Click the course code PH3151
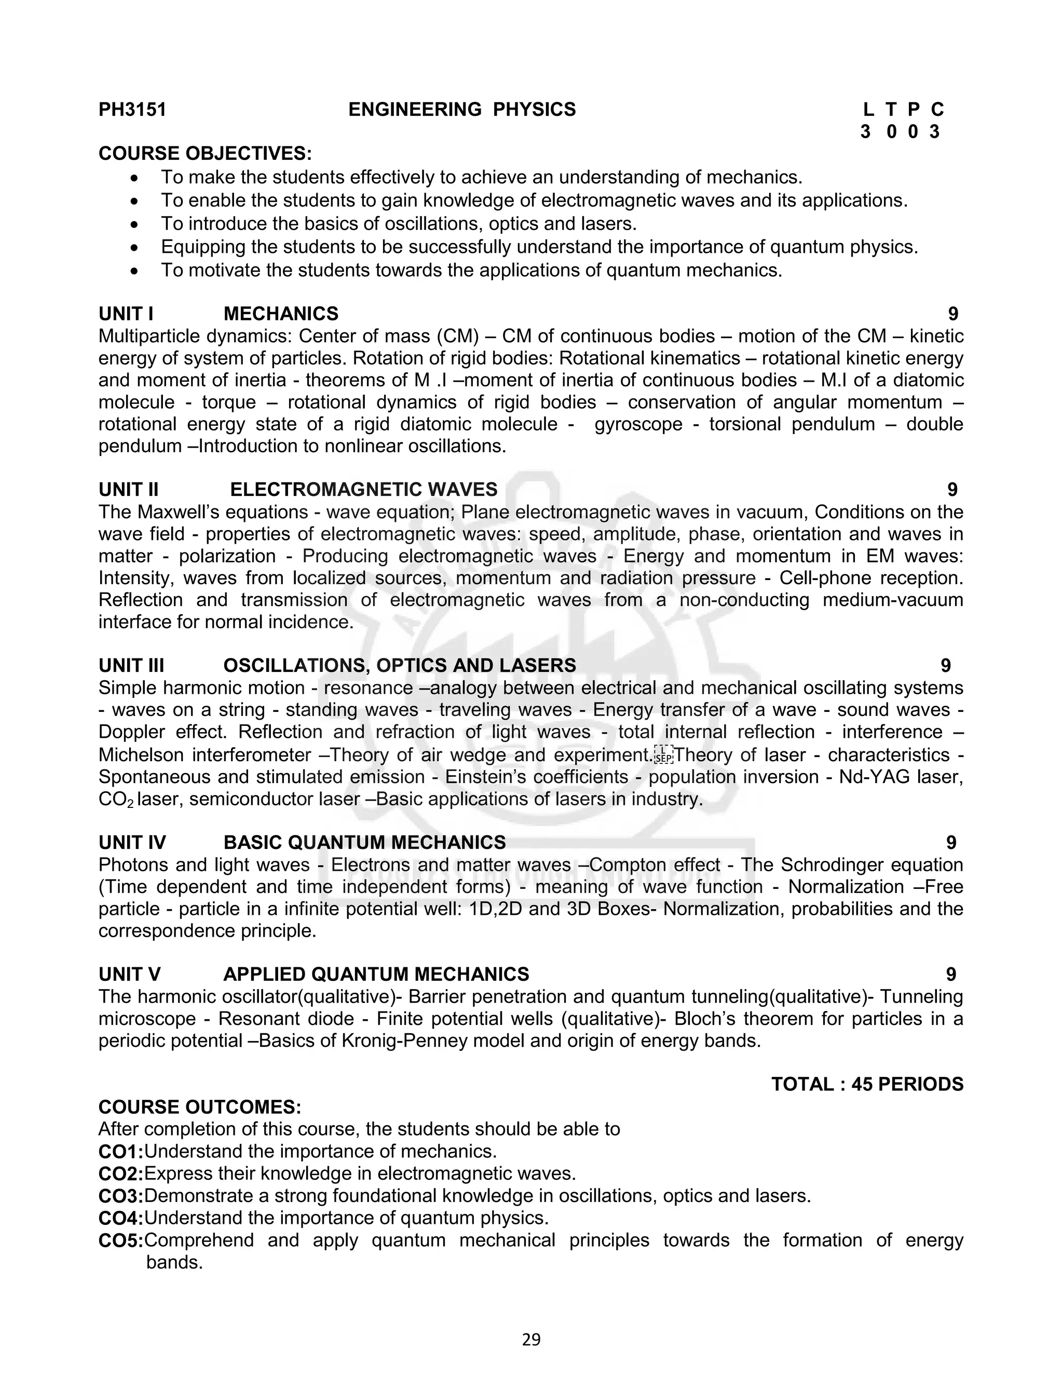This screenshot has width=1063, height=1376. (132, 110)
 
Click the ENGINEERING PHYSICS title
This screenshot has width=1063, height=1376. (461, 110)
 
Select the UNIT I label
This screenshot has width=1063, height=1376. (126, 314)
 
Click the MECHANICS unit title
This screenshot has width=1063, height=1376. (281, 314)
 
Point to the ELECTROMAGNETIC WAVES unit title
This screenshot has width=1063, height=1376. (363, 490)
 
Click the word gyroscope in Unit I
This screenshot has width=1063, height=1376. (638, 424)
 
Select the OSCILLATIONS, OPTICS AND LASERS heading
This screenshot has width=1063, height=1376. (399, 665)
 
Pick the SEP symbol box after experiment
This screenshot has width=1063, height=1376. (664, 755)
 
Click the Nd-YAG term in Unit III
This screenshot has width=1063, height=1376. (874, 777)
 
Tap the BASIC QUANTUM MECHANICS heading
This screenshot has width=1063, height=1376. (364, 842)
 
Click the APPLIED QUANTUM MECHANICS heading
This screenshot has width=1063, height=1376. (376, 974)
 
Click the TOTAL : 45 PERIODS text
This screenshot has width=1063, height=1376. (867, 1084)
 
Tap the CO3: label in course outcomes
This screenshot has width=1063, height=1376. (121, 1196)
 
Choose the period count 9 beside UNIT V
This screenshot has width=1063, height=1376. (951, 974)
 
